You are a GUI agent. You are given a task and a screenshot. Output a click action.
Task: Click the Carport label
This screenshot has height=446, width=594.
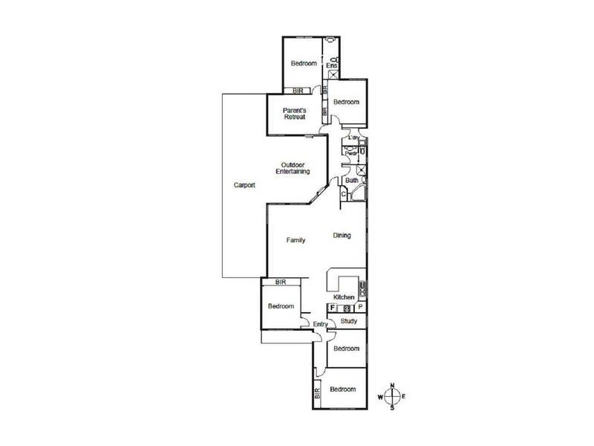point(244,186)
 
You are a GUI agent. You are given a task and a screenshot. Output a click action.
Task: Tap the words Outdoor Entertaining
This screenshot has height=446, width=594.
point(295,168)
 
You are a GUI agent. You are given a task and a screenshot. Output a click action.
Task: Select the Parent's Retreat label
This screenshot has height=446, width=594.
point(295,114)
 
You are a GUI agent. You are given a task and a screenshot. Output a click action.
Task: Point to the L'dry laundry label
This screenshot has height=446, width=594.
point(353,138)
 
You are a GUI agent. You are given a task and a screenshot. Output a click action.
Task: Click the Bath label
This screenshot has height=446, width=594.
point(351,181)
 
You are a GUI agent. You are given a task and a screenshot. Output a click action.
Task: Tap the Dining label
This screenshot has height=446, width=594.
point(342,236)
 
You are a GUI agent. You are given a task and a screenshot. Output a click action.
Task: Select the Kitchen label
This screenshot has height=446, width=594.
point(344,297)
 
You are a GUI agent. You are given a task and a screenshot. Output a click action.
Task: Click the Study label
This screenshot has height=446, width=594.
point(349,322)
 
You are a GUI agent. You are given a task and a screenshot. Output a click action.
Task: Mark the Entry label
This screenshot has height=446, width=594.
point(320,324)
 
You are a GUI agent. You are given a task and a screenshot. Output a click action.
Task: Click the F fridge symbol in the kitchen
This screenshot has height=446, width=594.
point(332,306)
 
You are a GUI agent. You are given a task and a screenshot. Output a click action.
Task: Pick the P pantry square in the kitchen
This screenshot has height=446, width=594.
point(360,306)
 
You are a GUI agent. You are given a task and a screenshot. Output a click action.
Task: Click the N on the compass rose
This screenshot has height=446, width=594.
point(395,386)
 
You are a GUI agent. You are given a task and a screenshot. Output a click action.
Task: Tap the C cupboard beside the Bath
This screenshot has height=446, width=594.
point(343,195)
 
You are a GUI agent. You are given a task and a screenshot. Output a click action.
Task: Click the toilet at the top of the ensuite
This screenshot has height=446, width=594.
point(335,58)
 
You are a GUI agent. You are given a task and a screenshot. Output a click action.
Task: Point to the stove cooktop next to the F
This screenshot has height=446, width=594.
point(346,307)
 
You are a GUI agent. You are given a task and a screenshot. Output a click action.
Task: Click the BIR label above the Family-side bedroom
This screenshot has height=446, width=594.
point(281,282)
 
